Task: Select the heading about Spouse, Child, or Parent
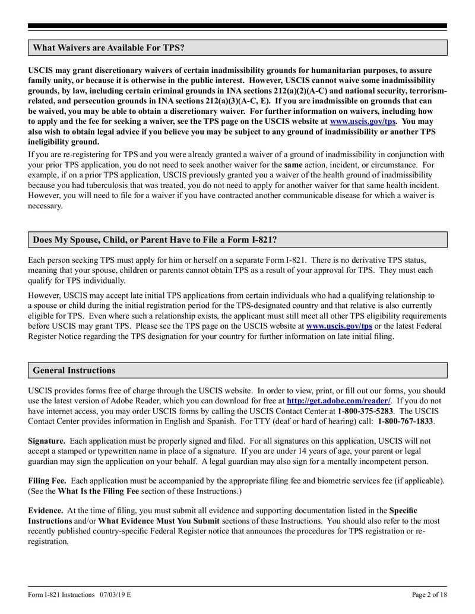[154, 240]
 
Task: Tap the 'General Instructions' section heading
[74, 370]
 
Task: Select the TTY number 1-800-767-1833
[406, 421]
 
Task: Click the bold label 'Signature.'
[47, 441]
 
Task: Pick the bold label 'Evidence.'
[46, 510]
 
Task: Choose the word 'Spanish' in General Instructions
[233, 421]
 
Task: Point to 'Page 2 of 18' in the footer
[429, 594]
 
